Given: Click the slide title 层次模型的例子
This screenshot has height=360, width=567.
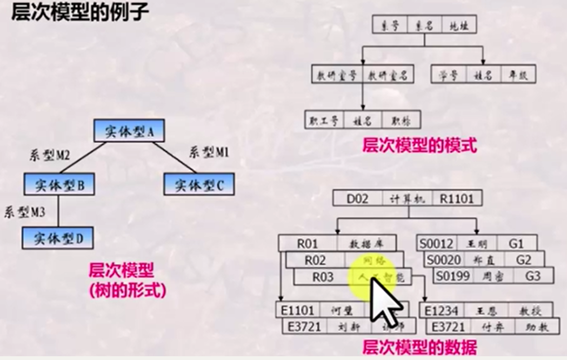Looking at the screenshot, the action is [79, 11].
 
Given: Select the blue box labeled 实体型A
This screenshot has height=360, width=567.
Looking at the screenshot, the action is [128, 131].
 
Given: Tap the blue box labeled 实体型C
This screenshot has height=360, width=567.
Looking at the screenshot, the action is [199, 185].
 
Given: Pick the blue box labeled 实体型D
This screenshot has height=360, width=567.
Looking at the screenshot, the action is [58, 238].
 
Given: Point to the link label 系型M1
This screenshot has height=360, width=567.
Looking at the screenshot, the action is [209, 152].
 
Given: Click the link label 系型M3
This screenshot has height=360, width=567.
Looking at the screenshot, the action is [24, 212].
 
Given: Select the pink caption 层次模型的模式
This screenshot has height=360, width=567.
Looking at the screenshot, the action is [419, 145].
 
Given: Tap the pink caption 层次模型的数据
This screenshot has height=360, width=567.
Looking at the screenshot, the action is [419, 346].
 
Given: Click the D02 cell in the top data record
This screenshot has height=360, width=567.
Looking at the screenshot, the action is [357, 198].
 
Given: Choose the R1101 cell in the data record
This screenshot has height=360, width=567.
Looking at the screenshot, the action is [456, 198].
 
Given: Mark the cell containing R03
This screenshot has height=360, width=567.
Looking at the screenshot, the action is [323, 277].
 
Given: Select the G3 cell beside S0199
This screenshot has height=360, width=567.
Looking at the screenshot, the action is [532, 276].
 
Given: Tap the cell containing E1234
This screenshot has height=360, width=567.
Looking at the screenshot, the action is [442, 310].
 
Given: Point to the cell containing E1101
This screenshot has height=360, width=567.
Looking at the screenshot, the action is [298, 310].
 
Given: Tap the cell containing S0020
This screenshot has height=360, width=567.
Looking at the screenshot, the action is [444, 260].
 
